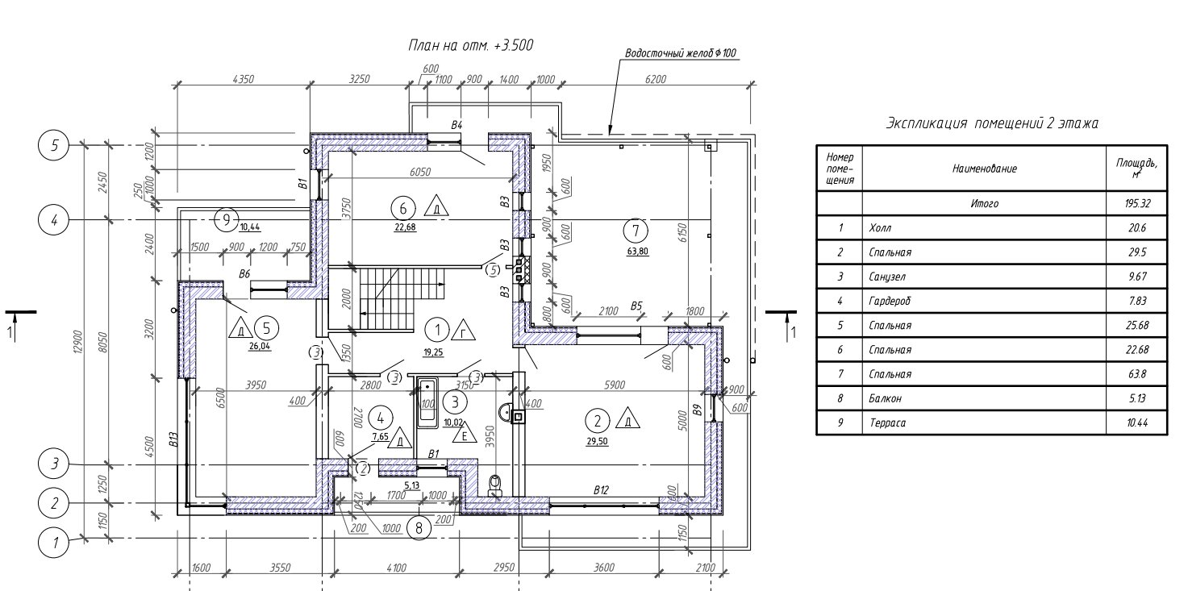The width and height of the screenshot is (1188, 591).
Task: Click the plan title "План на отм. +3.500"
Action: [471, 46]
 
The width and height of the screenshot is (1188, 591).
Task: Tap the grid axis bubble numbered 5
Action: [55, 146]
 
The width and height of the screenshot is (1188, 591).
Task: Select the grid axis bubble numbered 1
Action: [55, 543]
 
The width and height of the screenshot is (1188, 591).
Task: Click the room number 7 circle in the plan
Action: [636, 231]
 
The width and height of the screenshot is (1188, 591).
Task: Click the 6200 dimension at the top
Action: [657, 79]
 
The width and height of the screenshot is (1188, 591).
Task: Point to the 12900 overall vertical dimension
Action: [88, 343]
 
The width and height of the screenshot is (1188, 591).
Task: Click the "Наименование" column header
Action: [984, 169]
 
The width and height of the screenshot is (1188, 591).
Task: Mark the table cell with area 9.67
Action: [1137, 277]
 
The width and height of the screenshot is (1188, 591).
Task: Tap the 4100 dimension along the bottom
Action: [395, 568]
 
